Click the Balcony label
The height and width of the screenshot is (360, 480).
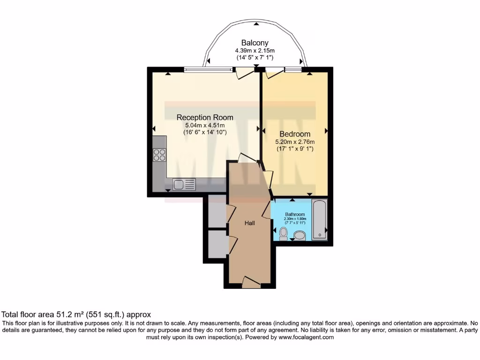coord(255,43)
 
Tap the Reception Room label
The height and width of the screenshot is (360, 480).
coord(204,117)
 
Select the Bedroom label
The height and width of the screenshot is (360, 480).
coord(295,134)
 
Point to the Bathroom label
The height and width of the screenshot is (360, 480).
coord(295,214)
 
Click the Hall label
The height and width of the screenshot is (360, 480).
coord(249,223)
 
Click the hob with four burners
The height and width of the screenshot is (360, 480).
coord(159,155)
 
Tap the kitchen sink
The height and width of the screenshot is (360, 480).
coord(184,185)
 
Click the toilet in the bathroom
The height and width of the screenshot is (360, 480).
coord(283,233)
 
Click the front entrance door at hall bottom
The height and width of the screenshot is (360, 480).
coord(251,281)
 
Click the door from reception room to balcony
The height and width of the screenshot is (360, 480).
coord(244,72)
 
